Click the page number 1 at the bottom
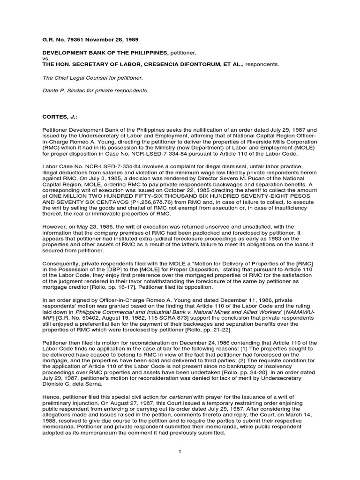tap(180, 451)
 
